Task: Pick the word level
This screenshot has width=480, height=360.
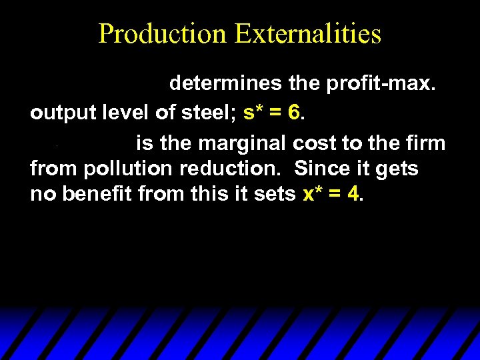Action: [x=127, y=113]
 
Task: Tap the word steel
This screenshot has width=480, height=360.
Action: [x=203, y=113]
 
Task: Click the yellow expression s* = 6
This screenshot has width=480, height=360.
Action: [x=273, y=113]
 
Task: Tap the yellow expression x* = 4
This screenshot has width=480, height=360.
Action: [x=331, y=195]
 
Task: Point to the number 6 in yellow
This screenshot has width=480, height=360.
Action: [x=294, y=113]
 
